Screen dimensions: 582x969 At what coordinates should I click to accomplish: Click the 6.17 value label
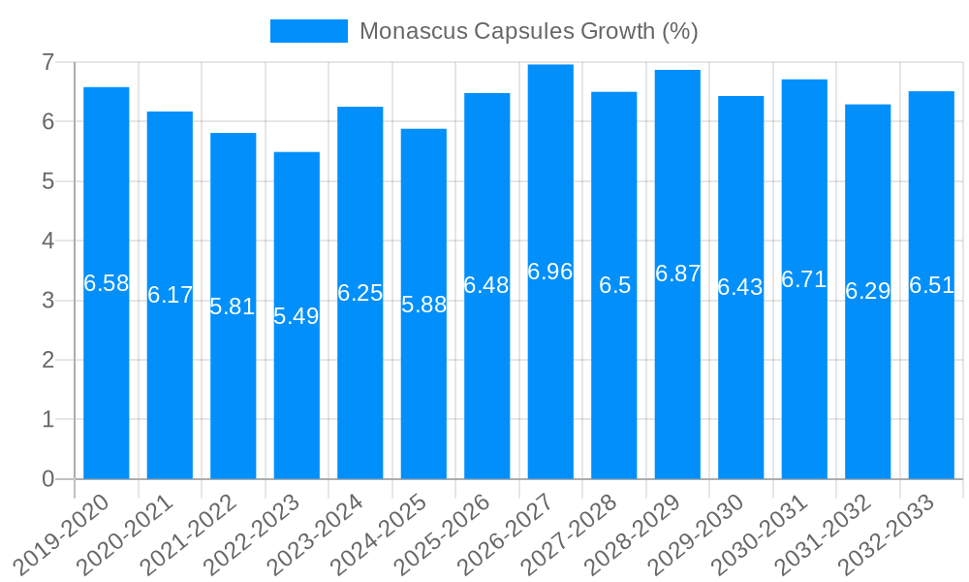170,295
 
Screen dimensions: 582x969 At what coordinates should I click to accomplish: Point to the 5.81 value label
234,307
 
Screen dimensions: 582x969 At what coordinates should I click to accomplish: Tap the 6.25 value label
360,293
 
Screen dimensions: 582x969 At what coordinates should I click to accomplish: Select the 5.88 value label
423,305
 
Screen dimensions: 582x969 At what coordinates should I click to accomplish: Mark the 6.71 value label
804,279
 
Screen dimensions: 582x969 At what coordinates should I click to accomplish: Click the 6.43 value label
740,287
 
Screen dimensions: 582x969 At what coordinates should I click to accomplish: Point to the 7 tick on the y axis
47,62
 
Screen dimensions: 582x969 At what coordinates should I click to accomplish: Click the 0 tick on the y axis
47,479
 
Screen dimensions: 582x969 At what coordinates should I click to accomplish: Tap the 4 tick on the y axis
47,241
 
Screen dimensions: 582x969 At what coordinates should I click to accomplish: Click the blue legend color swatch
308,31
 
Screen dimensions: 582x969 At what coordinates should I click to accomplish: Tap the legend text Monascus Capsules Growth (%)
528,31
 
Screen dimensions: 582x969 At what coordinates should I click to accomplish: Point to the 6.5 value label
614,285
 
